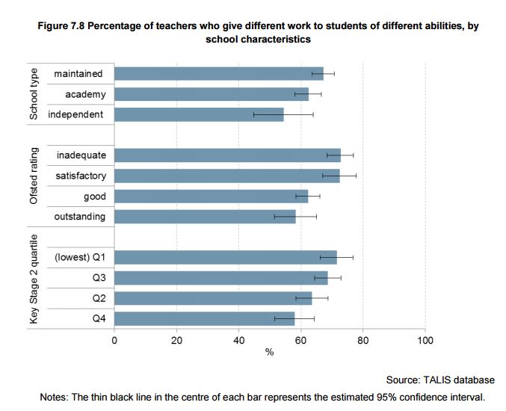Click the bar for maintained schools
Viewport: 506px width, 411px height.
click(x=218, y=73)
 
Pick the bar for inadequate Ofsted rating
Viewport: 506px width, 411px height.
click(x=227, y=155)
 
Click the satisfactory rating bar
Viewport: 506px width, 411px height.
click(x=226, y=176)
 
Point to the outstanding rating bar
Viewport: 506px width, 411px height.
click(x=205, y=217)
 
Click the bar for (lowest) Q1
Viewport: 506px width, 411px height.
click(x=225, y=258)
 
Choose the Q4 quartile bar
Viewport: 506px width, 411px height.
click(x=204, y=319)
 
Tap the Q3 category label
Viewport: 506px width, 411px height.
click(x=98, y=278)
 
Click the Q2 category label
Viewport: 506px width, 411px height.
click(x=98, y=298)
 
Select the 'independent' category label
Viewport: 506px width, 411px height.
click(x=76, y=114)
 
